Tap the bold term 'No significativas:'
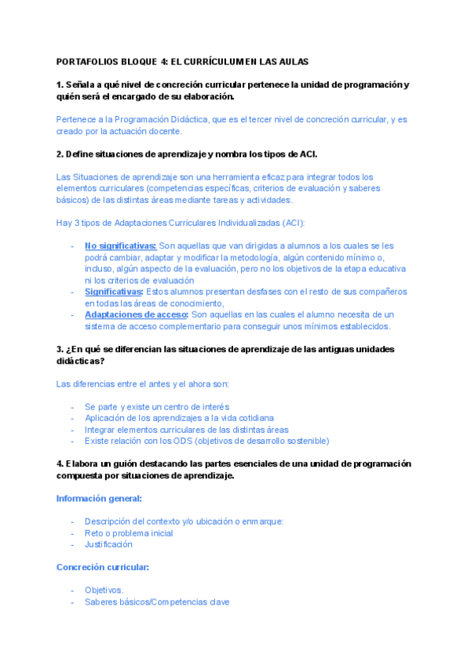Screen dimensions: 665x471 120,245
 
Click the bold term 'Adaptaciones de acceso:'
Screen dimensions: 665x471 137,314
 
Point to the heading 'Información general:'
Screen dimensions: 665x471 99,498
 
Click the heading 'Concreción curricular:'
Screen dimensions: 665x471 104,566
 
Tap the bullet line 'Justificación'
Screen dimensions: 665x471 108,543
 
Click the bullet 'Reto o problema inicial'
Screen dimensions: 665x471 129,532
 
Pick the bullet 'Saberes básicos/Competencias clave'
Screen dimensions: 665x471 157,601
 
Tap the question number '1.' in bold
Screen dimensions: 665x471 60,85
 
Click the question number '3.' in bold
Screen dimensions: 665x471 60,349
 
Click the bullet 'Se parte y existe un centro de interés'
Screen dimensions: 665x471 157,406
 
